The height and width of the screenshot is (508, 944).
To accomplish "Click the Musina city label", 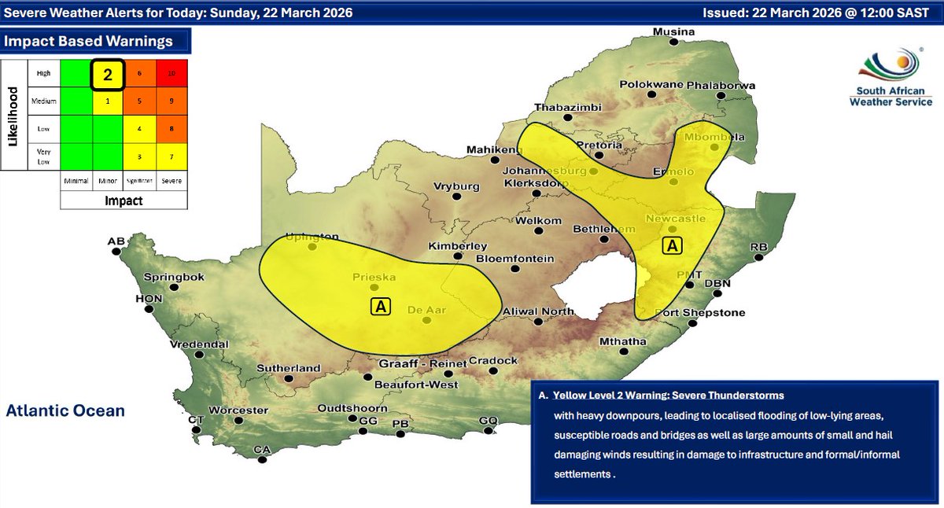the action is click(x=675, y=32).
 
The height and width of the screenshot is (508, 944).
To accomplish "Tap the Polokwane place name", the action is click(x=651, y=84).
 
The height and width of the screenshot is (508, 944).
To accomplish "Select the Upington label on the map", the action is click(x=312, y=237).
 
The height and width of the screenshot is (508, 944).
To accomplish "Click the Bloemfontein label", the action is click(x=515, y=259).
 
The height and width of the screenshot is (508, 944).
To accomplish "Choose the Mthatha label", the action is click(x=622, y=341).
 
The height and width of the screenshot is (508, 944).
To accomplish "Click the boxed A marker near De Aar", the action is click(x=380, y=306).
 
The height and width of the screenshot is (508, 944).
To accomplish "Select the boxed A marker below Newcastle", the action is click(x=671, y=246).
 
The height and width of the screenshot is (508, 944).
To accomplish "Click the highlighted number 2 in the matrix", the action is click(x=108, y=75).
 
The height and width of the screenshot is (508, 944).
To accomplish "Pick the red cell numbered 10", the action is click(x=171, y=72).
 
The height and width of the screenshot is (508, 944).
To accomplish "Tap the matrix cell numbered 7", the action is click(x=171, y=156).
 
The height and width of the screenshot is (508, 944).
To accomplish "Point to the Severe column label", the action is click(x=171, y=181).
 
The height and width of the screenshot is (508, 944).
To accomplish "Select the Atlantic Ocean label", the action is click(x=65, y=410).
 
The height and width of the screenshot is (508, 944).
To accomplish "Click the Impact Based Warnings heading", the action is click(x=89, y=42).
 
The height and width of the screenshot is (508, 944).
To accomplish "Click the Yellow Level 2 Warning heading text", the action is click(x=668, y=395).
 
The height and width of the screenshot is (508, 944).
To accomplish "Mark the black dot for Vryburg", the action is click(x=455, y=200).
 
